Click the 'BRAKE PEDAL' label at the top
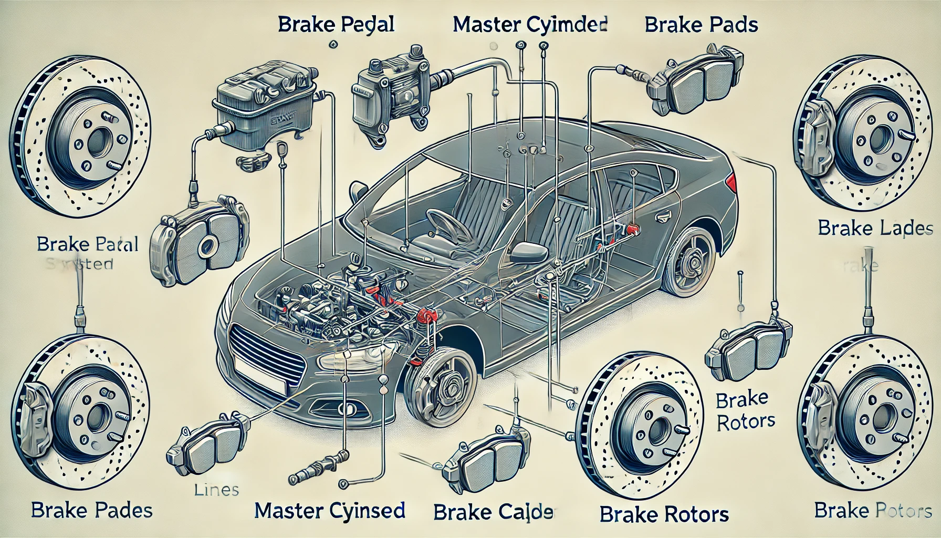click(336, 25)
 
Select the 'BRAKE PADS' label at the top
click(701, 25)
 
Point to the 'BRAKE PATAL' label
click(88, 244)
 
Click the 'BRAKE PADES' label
click(92, 510)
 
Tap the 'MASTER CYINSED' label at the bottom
click(330, 510)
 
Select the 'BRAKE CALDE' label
click(494, 511)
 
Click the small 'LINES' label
click(216, 490)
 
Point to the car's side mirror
click(528, 252)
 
